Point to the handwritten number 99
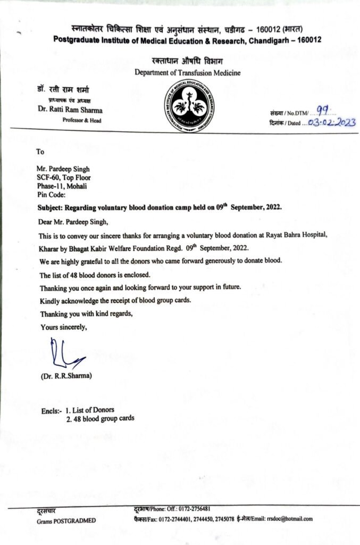click(x=323, y=111)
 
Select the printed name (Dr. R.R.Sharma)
click(x=66, y=376)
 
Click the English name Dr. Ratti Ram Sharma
click(x=70, y=110)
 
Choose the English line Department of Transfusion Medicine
click(x=187, y=72)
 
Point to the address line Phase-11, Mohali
click(x=62, y=186)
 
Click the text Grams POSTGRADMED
click(x=66, y=520)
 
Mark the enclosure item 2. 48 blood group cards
click(x=100, y=419)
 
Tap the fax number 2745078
click(x=222, y=518)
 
